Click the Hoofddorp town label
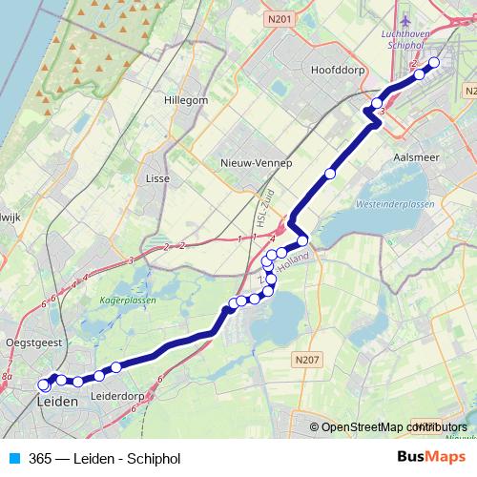point(333,70)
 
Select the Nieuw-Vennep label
point(253,162)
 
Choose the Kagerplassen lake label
point(127,300)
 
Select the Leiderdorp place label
point(115,395)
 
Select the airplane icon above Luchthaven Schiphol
point(408,18)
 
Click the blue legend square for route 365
point(15,459)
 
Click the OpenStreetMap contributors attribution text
point(393,427)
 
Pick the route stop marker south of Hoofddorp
point(330,174)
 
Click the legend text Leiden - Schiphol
point(124,459)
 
